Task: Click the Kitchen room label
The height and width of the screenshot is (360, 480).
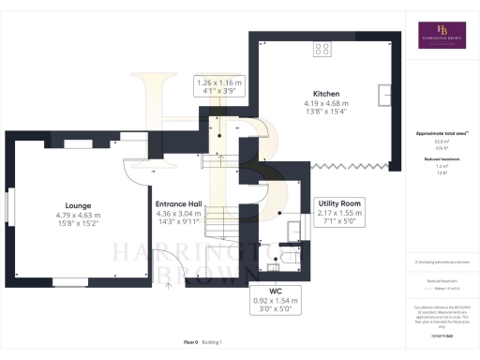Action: pos(326,94)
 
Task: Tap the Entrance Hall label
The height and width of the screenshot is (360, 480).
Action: pos(178,203)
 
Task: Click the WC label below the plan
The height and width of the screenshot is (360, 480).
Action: pos(276,291)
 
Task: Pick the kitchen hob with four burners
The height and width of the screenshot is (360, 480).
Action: pos(322,49)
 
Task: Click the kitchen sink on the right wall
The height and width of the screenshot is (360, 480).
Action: pos(384,95)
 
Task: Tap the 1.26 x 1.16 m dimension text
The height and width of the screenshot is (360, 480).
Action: pos(218,82)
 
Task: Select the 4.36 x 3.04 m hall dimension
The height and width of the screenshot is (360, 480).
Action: pos(178,215)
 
